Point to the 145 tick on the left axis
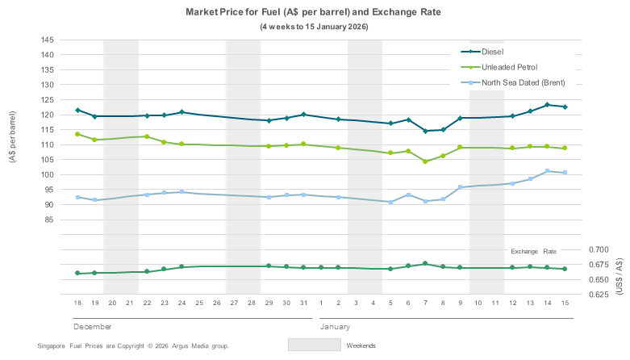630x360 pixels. click(x=46, y=40)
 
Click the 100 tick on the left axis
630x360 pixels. click(x=46, y=174)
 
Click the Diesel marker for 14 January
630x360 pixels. click(x=548, y=105)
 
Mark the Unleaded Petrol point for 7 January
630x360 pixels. click(x=426, y=161)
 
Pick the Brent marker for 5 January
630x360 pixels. click(x=390, y=202)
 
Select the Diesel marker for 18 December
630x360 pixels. click(x=77, y=110)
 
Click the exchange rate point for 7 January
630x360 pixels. click(x=426, y=264)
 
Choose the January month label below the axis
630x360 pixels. click(x=335, y=327)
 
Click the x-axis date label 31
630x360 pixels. click(x=303, y=303)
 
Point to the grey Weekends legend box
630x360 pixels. click(x=314, y=345)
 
